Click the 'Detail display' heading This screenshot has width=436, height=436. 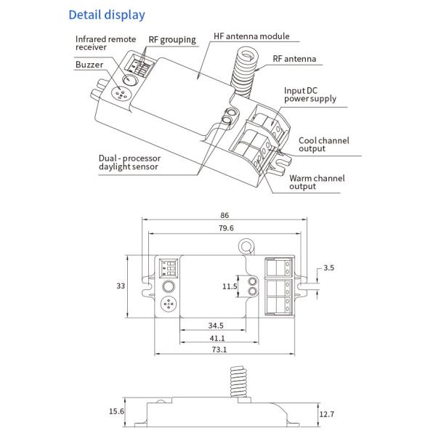[107, 15]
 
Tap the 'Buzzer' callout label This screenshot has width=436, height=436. [89, 65]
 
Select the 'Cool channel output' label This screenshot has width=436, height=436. [322, 144]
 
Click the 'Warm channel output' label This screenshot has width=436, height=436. [317, 182]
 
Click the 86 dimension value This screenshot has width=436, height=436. [225, 215]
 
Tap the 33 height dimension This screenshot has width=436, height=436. [121, 286]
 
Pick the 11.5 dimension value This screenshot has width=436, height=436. [230, 286]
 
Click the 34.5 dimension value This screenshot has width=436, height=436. [216, 326]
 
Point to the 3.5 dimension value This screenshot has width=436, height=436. [328, 268]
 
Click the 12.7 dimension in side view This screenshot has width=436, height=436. [328, 414]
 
